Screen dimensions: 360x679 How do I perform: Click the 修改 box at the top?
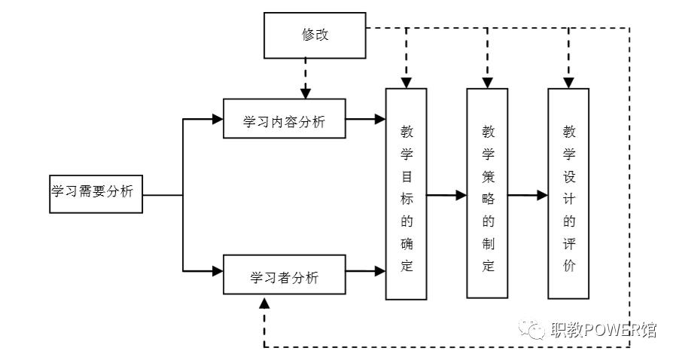point(314,35)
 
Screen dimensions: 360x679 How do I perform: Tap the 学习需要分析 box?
point(93,193)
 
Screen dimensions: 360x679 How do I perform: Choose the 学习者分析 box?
point(285,277)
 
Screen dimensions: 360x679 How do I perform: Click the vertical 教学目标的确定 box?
point(406,194)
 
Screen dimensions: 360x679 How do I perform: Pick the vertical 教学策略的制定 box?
point(487,194)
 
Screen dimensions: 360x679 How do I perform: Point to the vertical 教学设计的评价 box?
point(568,194)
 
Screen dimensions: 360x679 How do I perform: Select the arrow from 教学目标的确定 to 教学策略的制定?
point(446,195)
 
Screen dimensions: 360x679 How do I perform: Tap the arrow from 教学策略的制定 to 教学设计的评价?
point(528,195)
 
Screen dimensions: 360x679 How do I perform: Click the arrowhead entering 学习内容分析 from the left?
point(218,119)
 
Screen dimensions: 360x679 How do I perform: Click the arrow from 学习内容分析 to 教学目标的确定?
point(365,119)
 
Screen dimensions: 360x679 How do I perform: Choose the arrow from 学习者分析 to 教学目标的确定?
point(365,270)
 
